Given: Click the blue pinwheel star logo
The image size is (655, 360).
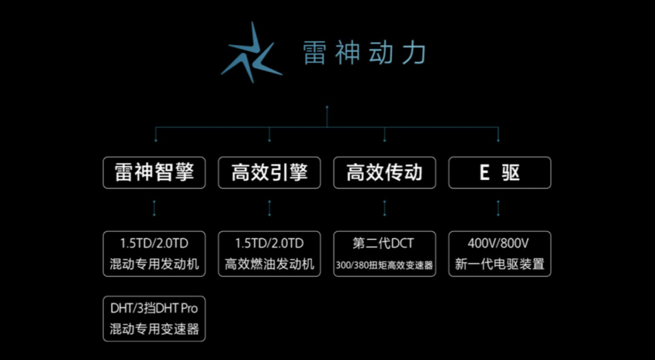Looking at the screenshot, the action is [x=250, y=53].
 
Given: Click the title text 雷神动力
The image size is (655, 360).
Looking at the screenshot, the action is [x=364, y=53].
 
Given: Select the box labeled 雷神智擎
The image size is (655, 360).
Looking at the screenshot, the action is [x=154, y=173].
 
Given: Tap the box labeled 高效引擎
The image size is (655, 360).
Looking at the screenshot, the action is [x=269, y=173].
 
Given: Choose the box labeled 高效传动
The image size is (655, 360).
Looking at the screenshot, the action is [x=385, y=173].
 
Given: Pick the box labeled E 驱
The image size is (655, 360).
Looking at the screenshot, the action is [x=500, y=173].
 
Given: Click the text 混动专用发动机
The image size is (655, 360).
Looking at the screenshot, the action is [x=154, y=265].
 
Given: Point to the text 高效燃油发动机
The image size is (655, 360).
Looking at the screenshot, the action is [x=269, y=265].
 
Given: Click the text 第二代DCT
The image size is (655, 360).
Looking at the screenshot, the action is [x=385, y=244].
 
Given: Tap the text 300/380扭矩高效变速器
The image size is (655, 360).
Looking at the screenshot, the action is [x=385, y=265].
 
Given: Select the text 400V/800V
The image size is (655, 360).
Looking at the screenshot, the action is [x=500, y=244].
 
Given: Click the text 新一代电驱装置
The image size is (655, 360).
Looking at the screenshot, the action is [x=500, y=265].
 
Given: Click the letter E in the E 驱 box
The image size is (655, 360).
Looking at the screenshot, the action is [x=484, y=173].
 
